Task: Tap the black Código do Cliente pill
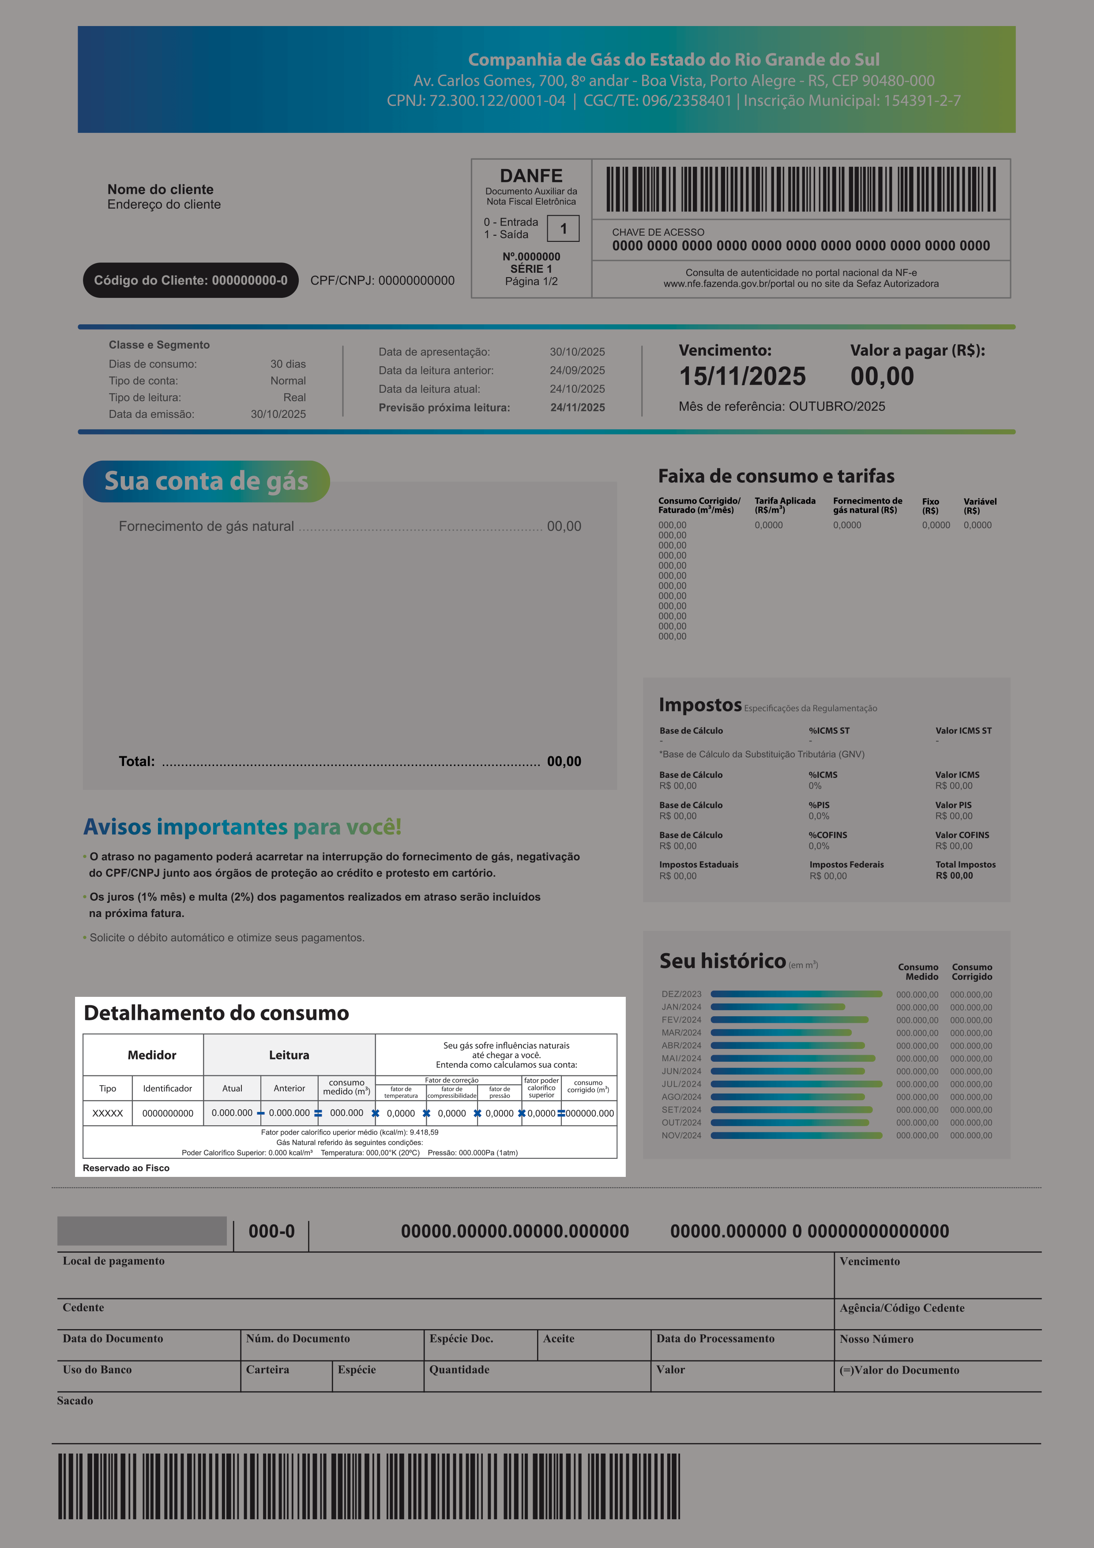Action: (191, 281)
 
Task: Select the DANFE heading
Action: (531, 176)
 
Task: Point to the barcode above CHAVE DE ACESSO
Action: (801, 189)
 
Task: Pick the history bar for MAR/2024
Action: (781, 1033)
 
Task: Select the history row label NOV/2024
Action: (681, 1136)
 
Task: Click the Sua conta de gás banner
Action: (206, 481)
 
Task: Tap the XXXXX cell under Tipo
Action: (108, 1114)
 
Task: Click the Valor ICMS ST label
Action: (963, 731)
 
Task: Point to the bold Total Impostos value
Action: (954, 876)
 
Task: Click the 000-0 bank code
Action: (272, 1232)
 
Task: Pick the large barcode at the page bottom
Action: (368, 1487)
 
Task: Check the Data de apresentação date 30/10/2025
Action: (577, 352)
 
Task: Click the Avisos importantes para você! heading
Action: (242, 827)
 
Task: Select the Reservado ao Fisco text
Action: (126, 1169)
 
